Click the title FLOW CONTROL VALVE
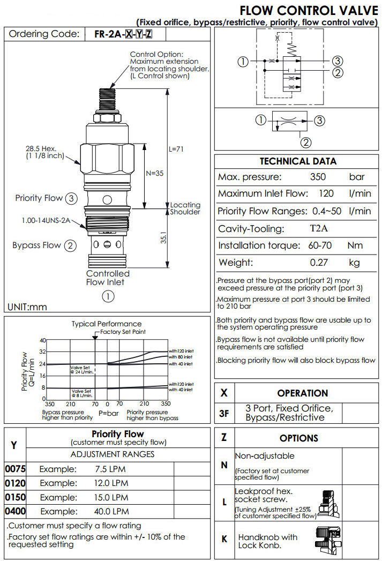309,10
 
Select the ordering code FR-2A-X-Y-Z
123,34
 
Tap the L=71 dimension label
176,149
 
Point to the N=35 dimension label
154,173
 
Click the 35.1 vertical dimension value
164,238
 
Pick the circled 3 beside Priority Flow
71,198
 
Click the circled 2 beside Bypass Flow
70,246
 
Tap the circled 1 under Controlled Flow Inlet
108,296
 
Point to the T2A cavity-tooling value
320,229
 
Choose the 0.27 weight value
319,263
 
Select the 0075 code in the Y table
15,469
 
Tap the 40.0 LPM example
112,511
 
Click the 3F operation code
224,413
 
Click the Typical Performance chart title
107,324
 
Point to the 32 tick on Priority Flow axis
43,352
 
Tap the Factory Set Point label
123,332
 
